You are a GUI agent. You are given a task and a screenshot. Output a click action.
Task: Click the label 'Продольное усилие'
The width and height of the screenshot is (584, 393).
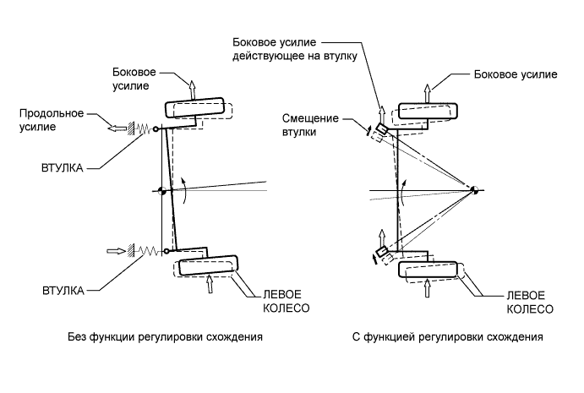[x=52, y=120]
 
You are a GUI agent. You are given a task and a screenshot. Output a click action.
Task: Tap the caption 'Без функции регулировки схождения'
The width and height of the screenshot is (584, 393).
[x=165, y=337]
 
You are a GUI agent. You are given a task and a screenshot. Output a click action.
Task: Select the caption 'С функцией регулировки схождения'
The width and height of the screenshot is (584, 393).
[x=447, y=337]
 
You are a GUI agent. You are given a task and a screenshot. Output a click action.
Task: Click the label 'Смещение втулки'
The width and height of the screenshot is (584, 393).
[x=310, y=125]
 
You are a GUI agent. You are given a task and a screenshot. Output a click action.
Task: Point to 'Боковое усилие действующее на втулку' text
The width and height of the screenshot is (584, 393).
[x=295, y=49]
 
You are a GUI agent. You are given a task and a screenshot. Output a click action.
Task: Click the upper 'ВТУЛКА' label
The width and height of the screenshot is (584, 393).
[x=63, y=168]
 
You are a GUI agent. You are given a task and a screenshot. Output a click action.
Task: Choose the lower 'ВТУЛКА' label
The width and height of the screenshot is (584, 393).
[x=63, y=291]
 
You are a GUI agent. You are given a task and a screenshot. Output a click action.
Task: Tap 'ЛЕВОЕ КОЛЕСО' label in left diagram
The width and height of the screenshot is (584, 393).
[x=286, y=302]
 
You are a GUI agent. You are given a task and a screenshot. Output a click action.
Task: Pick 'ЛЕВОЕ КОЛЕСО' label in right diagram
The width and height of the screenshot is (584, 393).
[x=530, y=302]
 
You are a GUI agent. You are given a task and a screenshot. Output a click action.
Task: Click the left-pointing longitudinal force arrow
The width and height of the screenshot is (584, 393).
[x=117, y=128]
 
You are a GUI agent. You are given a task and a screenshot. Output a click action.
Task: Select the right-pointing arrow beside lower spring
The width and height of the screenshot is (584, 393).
[x=116, y=251]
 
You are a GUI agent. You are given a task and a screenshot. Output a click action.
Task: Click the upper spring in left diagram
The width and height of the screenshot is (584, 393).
[x=144, y=129]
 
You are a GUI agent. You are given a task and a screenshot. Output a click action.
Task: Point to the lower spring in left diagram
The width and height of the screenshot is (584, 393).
[x=149, y=251]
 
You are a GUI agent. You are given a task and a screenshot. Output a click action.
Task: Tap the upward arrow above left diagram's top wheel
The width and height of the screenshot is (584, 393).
[x=192, y=90]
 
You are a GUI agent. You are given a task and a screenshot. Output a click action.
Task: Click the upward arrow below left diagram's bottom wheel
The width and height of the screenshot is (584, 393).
[x=210, y=284]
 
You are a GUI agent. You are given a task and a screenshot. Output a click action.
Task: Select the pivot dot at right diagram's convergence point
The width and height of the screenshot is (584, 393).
[x=474, y=189]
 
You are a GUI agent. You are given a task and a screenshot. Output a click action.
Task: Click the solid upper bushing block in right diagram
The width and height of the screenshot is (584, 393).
[x=382, y=128]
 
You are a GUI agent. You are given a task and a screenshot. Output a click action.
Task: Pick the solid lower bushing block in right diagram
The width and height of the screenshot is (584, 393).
[x=382, y=252]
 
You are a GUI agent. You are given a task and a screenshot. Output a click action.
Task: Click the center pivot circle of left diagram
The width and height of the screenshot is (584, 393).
[x=162, y=191]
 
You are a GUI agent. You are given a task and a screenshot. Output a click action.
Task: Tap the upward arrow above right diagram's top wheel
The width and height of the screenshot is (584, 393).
[x=428, y=94]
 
